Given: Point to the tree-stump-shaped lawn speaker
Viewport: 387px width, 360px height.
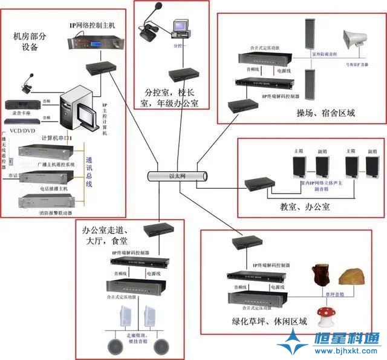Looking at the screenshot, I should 319,276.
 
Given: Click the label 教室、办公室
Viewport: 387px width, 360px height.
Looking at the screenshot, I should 305,207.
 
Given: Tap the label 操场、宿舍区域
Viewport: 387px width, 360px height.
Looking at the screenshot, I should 325,113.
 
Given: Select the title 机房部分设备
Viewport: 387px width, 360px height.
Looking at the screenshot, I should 30,42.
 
